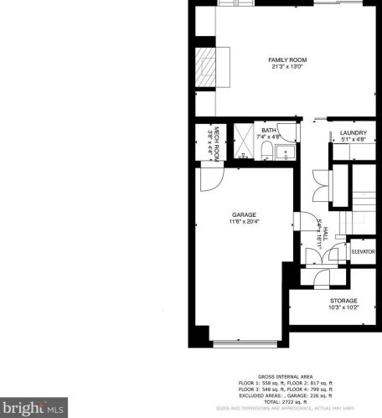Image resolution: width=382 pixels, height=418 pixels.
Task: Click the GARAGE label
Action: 244,214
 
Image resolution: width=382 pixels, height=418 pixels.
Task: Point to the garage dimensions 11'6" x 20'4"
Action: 244,222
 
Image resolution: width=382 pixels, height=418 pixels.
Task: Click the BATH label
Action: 268,131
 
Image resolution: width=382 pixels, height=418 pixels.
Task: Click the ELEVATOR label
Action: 362,251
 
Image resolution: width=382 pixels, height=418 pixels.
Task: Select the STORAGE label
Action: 342,300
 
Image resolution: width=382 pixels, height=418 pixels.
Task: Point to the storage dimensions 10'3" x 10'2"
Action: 342,307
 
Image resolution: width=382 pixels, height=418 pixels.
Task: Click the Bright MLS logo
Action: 33,408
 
